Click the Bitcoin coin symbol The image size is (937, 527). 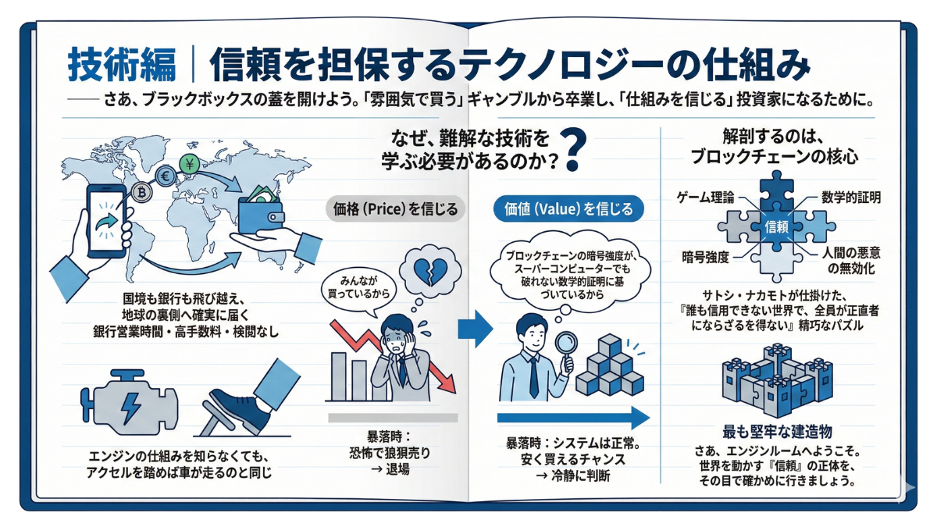tap(142, 191)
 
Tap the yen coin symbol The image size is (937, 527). tap(189, 164)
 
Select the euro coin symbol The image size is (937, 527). tap(166, 176)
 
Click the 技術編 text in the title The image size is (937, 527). tap(121, 65)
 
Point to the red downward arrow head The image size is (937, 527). tap(447, 383)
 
